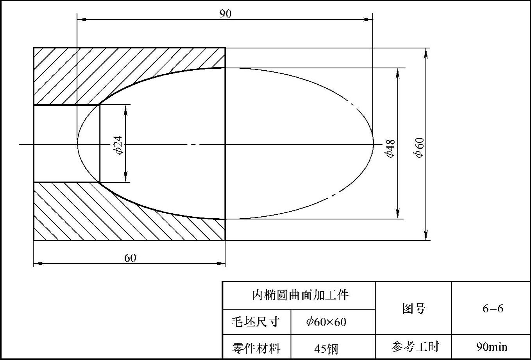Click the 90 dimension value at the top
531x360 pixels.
tap(225, 14)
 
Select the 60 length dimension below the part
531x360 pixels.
tap(130, 258)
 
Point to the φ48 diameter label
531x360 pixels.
tap(390, 148)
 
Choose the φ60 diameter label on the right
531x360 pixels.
tap(419, 148)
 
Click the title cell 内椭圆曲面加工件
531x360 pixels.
tap(299, 295)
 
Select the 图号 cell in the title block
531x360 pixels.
tap(413, 308)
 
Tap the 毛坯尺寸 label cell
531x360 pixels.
tap(256, 322)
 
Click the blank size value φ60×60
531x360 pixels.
tap(326, 322)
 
